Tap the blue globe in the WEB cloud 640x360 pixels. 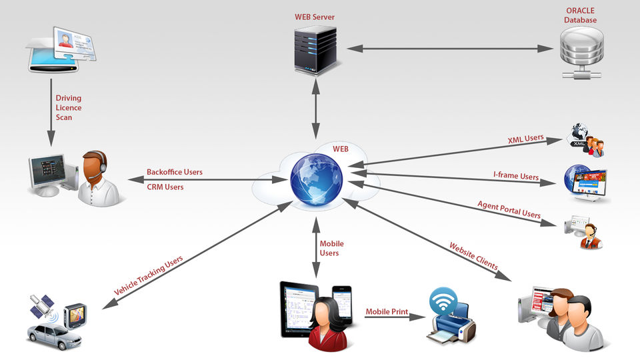(x=316, y=179)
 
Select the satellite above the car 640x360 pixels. (x=41, y=307)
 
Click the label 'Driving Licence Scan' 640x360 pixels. (x=69, y=107)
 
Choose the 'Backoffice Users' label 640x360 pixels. (x=175, y=172)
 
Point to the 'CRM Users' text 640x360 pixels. (x=165, y=187)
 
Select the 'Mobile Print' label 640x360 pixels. (x=386, y=311)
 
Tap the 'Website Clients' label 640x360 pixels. (x=473, y=256)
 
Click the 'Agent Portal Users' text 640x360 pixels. (x=509, y=209)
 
